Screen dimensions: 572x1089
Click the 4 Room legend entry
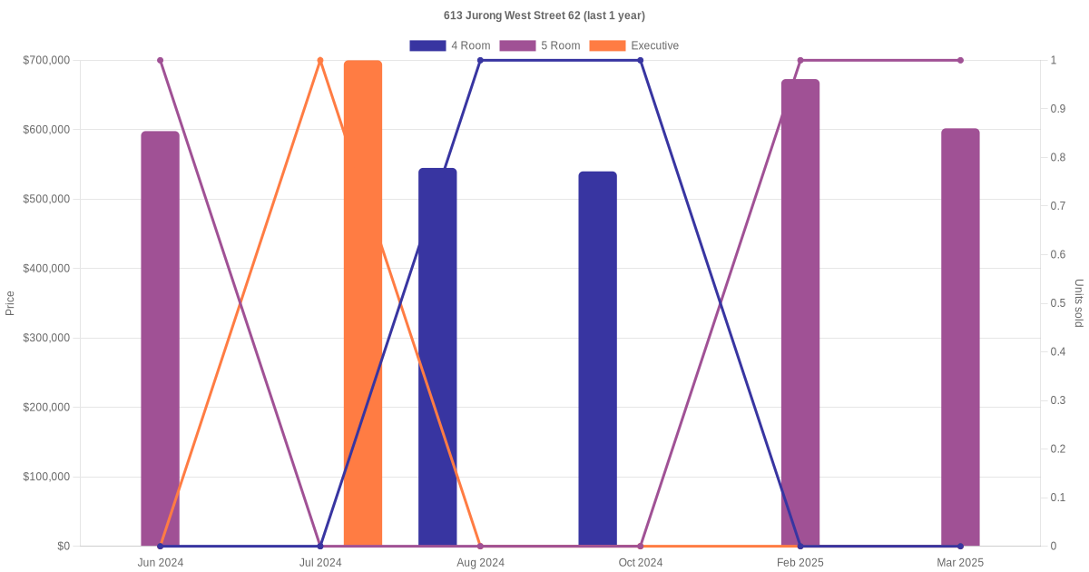tap(450, 45)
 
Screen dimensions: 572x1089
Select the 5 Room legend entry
tap(540, 45)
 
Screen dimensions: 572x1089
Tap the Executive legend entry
tap(634, 45)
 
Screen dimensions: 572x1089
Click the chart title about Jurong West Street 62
tap(544, 15)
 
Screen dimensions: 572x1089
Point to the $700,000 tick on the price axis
tap(46, 60)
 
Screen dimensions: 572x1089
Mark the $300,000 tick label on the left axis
tap(46, 338)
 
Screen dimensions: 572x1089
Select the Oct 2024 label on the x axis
tap(641, 563)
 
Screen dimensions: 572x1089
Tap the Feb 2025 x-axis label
tap(800, 563)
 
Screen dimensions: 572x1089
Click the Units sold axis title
tap(1079, 303)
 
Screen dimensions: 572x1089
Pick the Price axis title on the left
tap(10, 303)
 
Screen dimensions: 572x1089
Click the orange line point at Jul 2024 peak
tap(320, 61)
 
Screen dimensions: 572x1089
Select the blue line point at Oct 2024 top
tap(641, 61)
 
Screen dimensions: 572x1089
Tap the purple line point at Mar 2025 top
tap(960, 61)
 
